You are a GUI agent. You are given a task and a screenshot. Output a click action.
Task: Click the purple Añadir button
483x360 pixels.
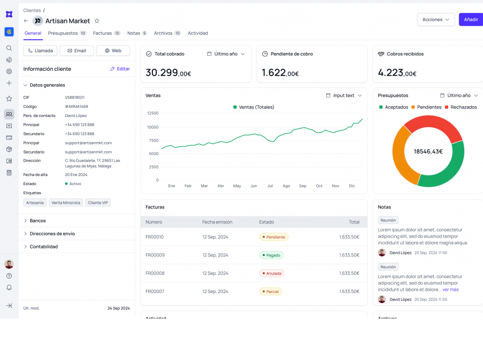click(x=471, y=19)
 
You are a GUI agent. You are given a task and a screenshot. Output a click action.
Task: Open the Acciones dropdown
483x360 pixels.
click(x=436, y=19)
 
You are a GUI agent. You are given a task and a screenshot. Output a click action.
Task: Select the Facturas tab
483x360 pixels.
click(x=106, y=33)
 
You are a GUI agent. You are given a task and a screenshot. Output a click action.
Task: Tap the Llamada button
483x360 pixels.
click(x=40, y=50)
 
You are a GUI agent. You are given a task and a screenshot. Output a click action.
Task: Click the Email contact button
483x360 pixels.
click(x=76, y=50)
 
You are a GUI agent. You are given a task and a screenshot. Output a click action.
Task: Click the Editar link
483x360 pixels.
click(x=120, y=69)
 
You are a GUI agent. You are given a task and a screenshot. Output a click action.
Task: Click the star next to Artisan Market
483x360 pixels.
click(x=97, y=21)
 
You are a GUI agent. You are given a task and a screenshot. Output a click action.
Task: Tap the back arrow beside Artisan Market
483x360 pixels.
click(x=26, y=21)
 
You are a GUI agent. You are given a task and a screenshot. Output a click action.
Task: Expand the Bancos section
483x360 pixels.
click(x=38, y=221)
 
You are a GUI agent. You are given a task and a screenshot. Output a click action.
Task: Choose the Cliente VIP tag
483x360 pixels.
click(x=98, y=203)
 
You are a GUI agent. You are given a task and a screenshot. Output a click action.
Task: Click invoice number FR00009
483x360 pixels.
click(x=155, y=255)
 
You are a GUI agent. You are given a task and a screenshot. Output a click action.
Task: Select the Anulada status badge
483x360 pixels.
click(x=272, y=273)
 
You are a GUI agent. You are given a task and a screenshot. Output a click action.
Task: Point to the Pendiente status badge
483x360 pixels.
click(x=274, y=237)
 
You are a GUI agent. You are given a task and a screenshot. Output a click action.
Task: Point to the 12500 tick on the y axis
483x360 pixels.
click(x=152, y=113)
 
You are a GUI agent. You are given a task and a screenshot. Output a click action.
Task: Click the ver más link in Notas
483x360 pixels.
click(x=450, y=290)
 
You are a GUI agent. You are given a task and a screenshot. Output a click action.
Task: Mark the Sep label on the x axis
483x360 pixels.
click(x=303, y=186)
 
